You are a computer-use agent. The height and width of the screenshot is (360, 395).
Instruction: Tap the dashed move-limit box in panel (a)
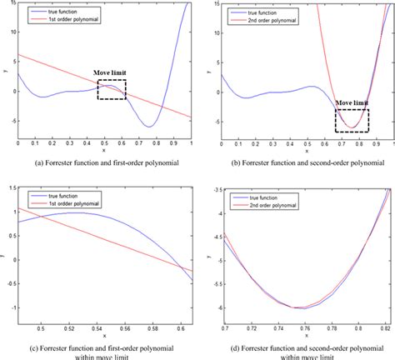point(112,90)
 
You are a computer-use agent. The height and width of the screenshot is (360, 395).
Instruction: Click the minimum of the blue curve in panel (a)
point(149,127)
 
